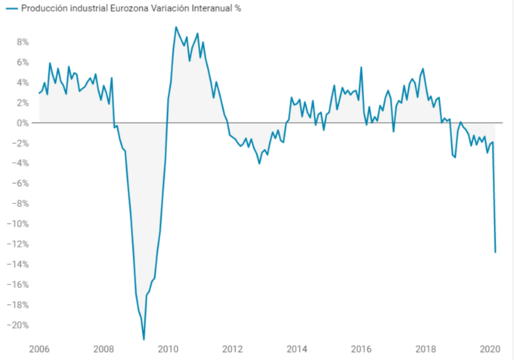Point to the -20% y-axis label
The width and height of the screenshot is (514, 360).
pyautogui.click(x=18, y=325)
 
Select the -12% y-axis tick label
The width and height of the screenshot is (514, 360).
pyautogui.click(x=18, y=244)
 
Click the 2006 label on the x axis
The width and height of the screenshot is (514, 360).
pyautogui.click(x=39, y=349)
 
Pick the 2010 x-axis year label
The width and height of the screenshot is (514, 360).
pyautogui.click(x=168, y=349)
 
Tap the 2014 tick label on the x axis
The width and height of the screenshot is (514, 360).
pyautogui.click(x=297, y=349)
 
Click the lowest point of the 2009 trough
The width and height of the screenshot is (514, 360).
pyautogui.click(x=144, y=340)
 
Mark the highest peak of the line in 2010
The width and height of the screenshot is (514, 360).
pyautogui.click(x=176, y=28)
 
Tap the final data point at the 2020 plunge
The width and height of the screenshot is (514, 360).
pyautogui.click(x=495, y=252)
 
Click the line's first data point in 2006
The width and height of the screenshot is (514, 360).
pyautogui.click(x=39, y=93)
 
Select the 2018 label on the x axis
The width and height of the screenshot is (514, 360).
pyautogui.click(x=426, y=349)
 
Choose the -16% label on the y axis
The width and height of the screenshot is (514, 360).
pyautogui.click(x=18, y=284)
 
